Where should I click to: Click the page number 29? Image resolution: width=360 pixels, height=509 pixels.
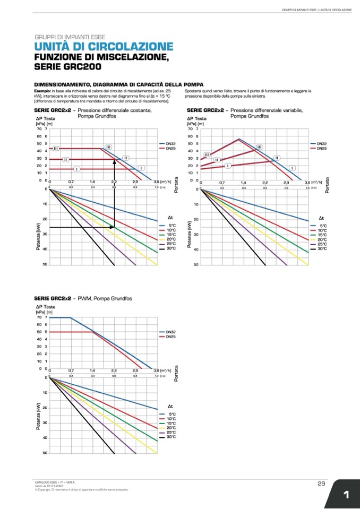pos(321,483)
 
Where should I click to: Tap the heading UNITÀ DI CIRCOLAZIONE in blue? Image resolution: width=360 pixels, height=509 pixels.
pos(104,47)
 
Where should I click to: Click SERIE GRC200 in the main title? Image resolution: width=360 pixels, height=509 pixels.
pos(67,67)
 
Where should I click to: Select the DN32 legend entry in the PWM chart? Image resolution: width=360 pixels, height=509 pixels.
pos(170,332)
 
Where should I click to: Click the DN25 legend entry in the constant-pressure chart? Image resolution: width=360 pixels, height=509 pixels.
pos(170,149)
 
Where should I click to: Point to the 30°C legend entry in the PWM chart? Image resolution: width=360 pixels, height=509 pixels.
pos(171,437)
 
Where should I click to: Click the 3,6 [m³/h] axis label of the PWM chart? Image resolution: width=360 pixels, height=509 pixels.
pos(162,370)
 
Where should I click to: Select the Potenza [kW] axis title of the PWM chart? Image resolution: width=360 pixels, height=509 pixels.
pos(38,415)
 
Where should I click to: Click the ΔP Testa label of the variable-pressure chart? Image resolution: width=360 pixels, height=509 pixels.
pos(197,118)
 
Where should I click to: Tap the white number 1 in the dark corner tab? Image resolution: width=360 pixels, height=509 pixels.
pos(346,495)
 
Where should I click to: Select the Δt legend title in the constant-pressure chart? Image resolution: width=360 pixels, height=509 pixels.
pos(170,218)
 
